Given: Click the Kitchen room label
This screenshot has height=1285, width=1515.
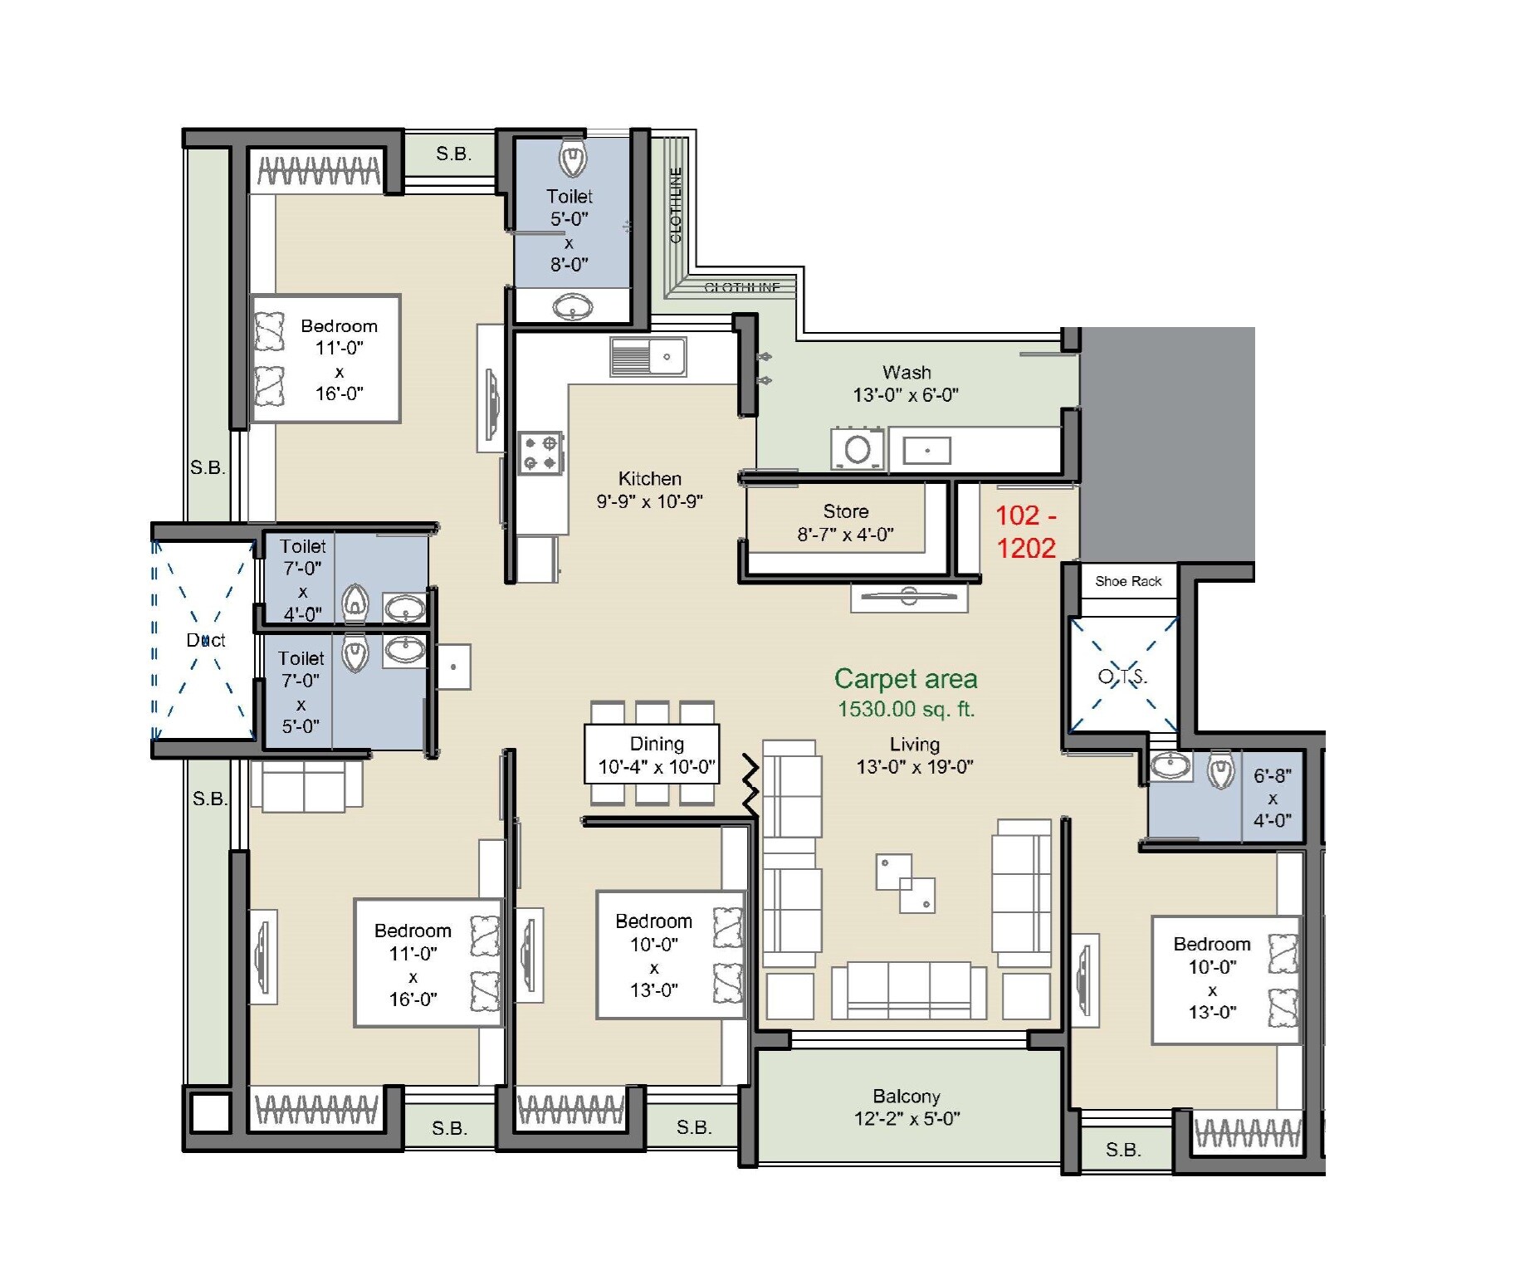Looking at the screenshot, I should (649, 479).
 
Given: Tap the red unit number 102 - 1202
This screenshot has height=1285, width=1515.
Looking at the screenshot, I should (1025, 531).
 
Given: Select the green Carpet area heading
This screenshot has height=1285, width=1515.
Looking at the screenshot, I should (905, 679).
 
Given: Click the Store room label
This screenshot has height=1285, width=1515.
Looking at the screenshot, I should (845, 512).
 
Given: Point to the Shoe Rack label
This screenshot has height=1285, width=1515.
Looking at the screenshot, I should (1127, 582).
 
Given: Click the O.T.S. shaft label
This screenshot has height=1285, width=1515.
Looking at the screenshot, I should (1122, 677).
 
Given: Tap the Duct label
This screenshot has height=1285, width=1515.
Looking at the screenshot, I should (205, 640).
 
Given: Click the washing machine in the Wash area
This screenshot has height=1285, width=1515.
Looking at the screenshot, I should (857, 450).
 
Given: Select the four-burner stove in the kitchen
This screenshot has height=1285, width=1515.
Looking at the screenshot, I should (540, 453).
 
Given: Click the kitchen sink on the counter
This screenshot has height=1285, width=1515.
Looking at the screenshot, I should (648, 357).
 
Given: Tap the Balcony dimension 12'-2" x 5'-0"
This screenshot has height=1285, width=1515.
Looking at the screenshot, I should (907, 1119).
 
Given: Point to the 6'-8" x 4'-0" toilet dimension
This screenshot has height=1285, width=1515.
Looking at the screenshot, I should (1272, 798).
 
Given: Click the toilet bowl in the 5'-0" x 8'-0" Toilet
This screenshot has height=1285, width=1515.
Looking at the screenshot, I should (572, 158).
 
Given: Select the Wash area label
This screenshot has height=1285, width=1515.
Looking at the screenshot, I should (906, 373).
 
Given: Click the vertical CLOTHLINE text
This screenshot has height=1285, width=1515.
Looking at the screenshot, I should (676, 205).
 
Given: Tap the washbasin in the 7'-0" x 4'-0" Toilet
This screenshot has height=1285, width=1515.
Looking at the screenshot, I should (404, 608).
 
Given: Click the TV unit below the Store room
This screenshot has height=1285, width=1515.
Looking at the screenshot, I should (908, 597).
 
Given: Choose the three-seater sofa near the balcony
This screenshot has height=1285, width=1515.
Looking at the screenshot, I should (908, 989).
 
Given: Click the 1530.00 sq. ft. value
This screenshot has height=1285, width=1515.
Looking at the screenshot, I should (906, 710).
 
